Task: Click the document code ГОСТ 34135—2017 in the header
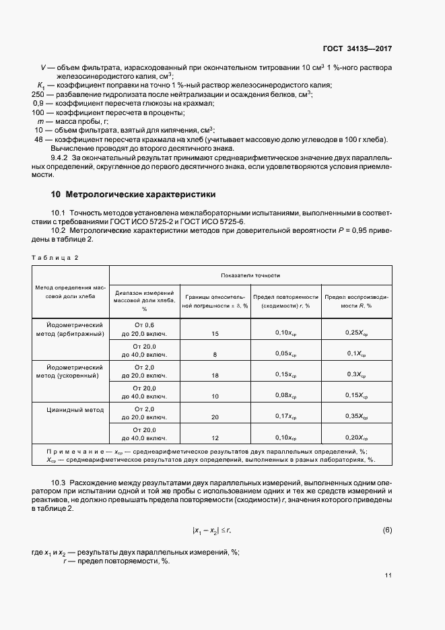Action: click(357, 48)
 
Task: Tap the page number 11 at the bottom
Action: click(388, 575)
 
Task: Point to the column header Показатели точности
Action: click(250, 275)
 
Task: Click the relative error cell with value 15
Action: click(215, 332)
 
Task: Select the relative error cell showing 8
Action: click(215, 353)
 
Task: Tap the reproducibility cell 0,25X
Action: click(357, 332)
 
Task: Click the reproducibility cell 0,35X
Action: click(357, 417)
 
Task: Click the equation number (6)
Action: click(387, 530)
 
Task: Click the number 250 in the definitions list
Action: click(38, 94)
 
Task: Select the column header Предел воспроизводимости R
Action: click(357, 300)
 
